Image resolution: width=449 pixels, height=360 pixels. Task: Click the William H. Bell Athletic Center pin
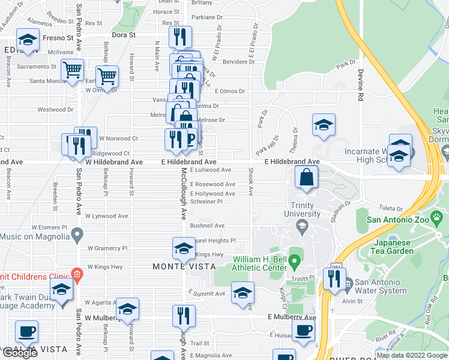pyautogui.click(x=294, y=262)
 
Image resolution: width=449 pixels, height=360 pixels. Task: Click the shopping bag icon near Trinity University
pyautogui.click(x=307, y=178)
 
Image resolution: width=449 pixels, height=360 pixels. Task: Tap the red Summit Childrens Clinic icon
pyautogui.click(x=76, y=275)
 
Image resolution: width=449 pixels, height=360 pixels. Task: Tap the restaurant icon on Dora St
pyautogui.click(x=180, y=38)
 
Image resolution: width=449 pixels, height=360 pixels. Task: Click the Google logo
pyautogui.click(x=20, y=353)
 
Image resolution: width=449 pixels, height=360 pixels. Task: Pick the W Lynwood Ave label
pyautogui.click(x=106, y=215)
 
